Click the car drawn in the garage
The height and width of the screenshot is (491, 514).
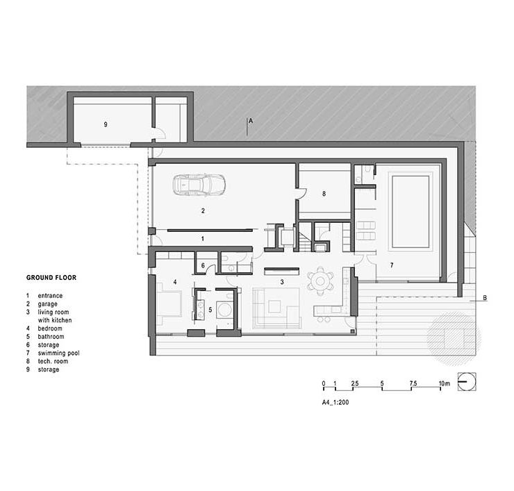199,185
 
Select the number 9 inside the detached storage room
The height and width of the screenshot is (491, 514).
105,124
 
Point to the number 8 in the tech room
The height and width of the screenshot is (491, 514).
324,194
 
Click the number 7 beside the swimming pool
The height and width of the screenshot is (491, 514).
391,265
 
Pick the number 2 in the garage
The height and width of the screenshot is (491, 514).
203,210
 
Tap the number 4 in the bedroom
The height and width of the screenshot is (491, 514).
175,282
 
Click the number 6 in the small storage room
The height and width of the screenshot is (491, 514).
203,265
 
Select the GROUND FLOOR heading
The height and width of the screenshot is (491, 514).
51,278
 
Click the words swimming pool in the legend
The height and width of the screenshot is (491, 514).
58,353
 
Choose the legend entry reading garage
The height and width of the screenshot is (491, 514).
47,304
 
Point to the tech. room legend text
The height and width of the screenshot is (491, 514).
53,361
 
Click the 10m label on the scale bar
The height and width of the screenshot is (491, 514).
444,383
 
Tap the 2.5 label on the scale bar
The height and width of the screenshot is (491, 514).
355,383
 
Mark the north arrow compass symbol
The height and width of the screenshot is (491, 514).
467,382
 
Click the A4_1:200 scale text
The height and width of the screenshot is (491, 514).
335,402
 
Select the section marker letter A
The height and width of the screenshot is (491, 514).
251,121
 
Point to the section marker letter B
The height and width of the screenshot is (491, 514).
485,298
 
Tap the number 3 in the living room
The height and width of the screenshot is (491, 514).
282,282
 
